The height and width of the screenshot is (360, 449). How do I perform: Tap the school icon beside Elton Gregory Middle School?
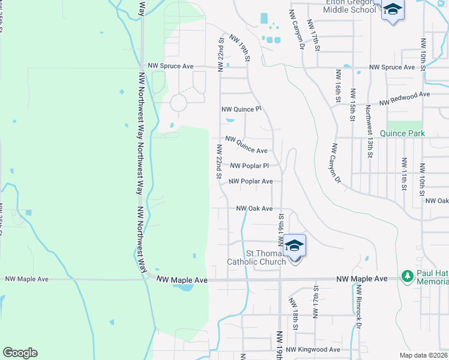(x=393, y=10)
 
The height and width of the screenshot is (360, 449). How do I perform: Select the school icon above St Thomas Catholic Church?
(x=294, y=245)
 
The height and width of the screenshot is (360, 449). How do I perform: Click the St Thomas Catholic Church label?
(x=256, y=257)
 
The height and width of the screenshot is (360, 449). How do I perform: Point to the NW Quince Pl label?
(x=242, y=109)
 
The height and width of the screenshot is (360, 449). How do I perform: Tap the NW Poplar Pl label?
(x=249, y=166)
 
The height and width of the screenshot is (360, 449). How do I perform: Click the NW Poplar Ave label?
(x=251, y=181)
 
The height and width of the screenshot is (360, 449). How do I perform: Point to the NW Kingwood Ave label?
(x=313, y=349)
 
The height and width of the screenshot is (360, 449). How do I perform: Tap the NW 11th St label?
(x=405, y=172)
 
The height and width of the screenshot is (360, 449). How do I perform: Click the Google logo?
(x=20, y=353)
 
